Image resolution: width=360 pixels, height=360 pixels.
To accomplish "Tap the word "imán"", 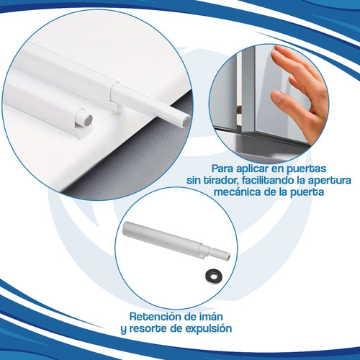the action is pos(211,317).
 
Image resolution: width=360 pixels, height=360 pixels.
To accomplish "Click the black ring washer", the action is pos(213,276).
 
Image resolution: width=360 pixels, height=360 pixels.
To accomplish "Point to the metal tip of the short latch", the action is pos(89,120).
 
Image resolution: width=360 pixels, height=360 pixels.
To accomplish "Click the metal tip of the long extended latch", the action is pos(186,122).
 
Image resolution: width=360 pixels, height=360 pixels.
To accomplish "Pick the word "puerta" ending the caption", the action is pos(307,193).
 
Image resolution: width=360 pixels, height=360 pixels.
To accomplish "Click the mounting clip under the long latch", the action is pos(117,108).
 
